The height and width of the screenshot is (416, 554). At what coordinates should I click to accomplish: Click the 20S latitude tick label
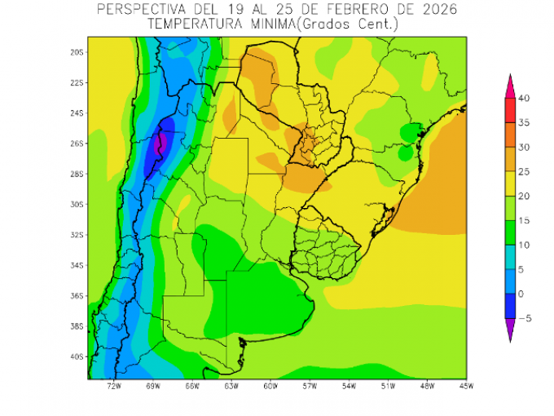click(x=77, y=52)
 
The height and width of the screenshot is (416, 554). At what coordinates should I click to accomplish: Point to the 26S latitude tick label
click(x=77, y=144)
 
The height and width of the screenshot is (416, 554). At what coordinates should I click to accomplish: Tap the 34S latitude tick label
click(x=77, y=266)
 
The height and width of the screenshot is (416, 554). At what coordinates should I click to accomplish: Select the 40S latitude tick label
click(x=77, y=357)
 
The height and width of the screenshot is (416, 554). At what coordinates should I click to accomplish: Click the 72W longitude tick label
click(x=113, y=386)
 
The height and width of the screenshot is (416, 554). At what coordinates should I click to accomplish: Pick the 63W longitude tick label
click(x=231, y=386)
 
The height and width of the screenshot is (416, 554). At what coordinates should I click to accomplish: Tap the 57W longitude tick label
click(x=309, y=386)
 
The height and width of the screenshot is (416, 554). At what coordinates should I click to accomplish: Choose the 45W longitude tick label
click(x=464, y=386)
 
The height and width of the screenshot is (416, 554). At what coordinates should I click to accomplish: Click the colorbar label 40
click(x=524, y=99)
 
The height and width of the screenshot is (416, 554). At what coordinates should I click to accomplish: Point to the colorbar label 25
click(x=524, y=172)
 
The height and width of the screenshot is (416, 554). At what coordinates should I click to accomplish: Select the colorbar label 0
click(x=521, y=294)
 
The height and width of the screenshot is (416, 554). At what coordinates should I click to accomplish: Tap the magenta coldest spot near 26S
click(x=160, y=144)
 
